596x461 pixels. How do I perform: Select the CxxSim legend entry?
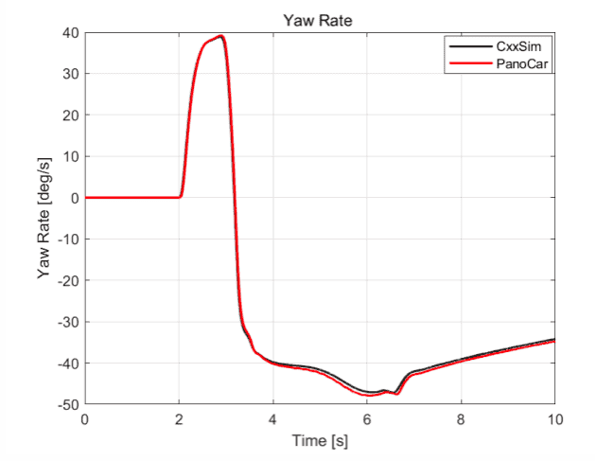(x=518, y=44)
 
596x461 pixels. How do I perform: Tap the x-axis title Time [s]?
(x=320, y=442)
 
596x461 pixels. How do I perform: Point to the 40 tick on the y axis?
(x=72, y=32)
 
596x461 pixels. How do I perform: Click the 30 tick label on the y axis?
(x=72, y=74)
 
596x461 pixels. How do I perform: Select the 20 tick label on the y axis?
(x=72, y=115)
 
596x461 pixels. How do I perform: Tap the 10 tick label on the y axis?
(x=72, y=156)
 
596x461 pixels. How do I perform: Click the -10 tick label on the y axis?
(x=69, y=239)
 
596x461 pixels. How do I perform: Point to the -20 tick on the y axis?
(x=69, y=281)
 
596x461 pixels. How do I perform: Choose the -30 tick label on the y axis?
(x=69, y=322)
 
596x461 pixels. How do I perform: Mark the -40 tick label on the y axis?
(x=69, y=363)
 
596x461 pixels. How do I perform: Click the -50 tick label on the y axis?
(x=69, y=405)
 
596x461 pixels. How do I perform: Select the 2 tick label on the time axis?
(x=179, y=419)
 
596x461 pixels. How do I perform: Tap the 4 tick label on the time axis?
(x=272, y=419)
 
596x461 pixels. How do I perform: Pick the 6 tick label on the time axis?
(x=366, y=419)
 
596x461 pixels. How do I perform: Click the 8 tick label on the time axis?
(x=461, y=419)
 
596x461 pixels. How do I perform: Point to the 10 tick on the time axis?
(x=553, y=419)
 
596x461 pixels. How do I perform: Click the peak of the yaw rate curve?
(x=221, y=36)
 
